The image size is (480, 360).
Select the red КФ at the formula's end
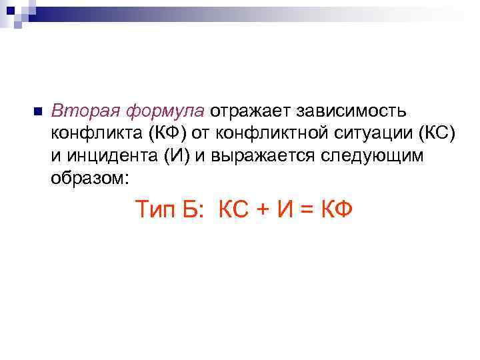click(337, 209)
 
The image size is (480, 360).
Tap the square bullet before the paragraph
click(37, 111)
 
